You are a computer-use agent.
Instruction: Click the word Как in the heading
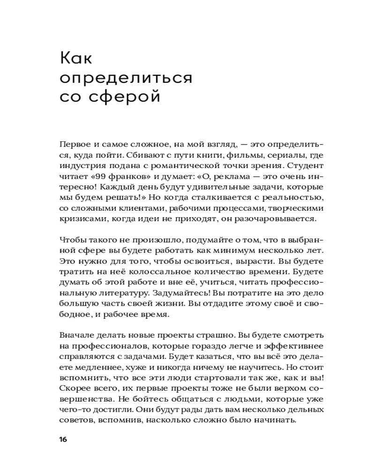click(76, 59)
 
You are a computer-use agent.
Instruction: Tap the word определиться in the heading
click(126, 78)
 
